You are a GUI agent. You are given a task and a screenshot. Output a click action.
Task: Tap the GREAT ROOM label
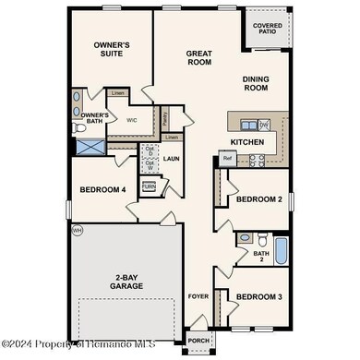click(199, 59)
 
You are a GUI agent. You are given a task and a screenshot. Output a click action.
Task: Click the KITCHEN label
click(246, 142)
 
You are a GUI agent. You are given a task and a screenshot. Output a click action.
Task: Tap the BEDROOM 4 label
click(103, 190)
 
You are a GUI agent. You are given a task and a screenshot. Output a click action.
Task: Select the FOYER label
click(198, 297)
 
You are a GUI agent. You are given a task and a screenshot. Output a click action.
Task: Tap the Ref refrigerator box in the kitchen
click(226, 159)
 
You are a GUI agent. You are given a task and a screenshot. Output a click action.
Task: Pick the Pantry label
click(164, 118)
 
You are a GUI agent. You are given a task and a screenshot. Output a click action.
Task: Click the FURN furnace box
click(149, 186)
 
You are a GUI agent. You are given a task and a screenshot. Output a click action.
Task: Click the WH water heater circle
click(78, 229)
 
